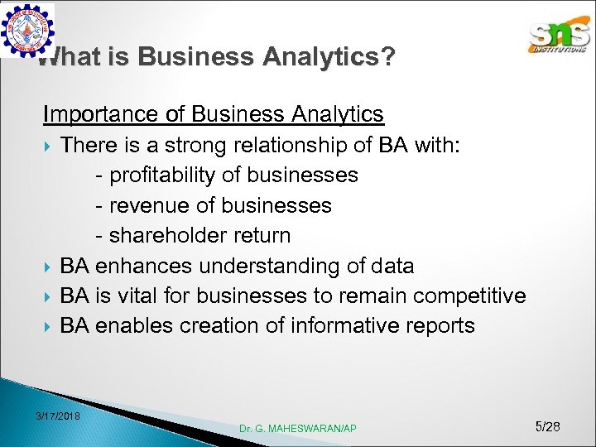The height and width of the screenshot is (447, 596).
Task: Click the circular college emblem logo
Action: pyautogui.click(x=28, y=31)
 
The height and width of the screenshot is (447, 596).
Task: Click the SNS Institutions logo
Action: pyautogui.click(x=559, y=37)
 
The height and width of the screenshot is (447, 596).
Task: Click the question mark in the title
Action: pyautogui.click(x=387, y=57)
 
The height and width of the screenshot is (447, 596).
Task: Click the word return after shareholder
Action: pyautogui.click(x=262, y=235)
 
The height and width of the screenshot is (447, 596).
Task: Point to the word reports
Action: pyautogui.click(x=441, y=325)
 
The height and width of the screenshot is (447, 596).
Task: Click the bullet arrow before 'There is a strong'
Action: pyautogui.click(x=48, y=147)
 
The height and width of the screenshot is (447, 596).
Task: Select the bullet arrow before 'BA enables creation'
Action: pyautogui.click(x=48, y=326)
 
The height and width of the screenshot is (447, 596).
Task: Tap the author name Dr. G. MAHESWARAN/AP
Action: pyautogui.click(x=298, y=428)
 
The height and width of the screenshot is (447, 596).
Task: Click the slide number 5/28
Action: pyautogui.click(x=548, y=426)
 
